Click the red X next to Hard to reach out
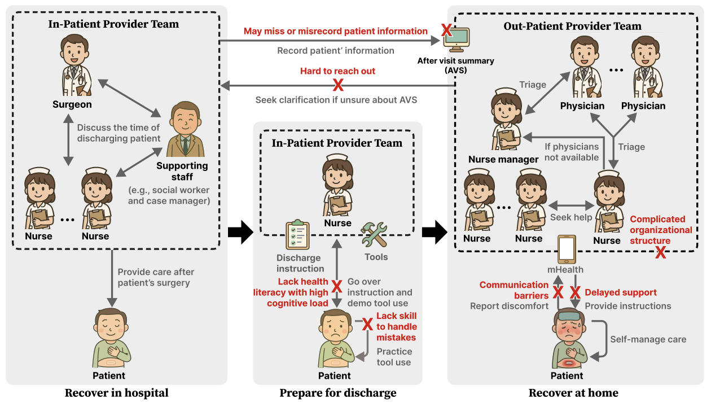click(x=338, y=85)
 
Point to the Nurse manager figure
click(x=504, y=119)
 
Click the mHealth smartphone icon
click(x=567, y=249)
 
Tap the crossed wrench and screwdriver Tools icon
click(x=375, y=235)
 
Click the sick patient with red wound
click(x=567, y=339)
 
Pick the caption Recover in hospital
click(x=116, y=393)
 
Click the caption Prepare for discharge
click(x=338, y=393)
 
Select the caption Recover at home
click(x=573, y=393)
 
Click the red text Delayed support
click(x=621, y=292)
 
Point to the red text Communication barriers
click(x=514, y=290)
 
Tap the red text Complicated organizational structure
click(x=661, y=230)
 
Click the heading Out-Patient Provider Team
click(x=572, y=26)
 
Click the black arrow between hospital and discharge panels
click(x=240, y=233)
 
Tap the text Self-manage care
click(x=648, y=339)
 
